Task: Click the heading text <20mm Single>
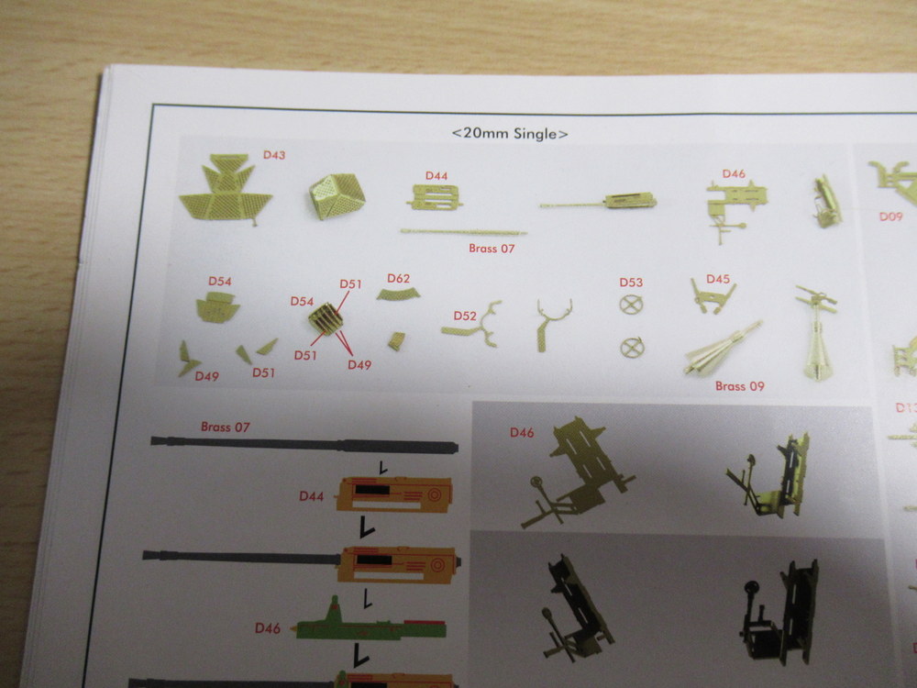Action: click(x=509, y=133)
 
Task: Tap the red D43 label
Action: click(x=273, y=155)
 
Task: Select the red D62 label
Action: click(x=398, y=279)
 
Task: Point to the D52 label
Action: click(x=465, y=316)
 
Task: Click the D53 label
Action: click(x=631, y=283)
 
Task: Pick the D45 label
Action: click(x=718, y=279)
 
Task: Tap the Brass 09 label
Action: click(x=740, y=386)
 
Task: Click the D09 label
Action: click(x=890, y=216)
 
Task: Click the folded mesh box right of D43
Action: click(x=337, y=196)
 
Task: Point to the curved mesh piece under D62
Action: click(x=398, y=294)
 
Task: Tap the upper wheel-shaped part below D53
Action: click(x=631, y=305)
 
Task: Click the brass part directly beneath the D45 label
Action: click(x=713, y=297)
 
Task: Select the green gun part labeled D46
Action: click(x=370, y=622)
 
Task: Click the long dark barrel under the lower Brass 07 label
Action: click(x=304, y=445)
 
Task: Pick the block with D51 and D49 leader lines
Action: click(x=326, y=319)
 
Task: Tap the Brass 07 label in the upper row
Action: click(x=492, y=249)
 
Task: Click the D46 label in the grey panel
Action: click(x=522, y=432)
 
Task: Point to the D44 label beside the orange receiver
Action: click(x=311, y=496)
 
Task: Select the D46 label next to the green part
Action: click(x=267, y=628)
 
